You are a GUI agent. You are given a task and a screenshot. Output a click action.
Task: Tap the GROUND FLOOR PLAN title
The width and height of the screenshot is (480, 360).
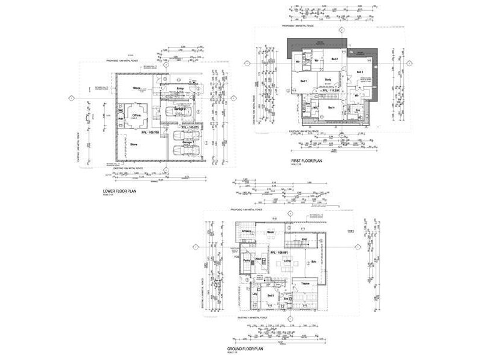(x=246, y=348)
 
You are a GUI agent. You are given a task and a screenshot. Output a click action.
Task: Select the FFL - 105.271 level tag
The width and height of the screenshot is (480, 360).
(x=189, y=128)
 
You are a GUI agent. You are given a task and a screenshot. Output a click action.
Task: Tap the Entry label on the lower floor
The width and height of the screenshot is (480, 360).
(x=179, y=88)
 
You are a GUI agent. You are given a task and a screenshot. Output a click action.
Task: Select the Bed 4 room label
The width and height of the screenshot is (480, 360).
(x=331, y=107)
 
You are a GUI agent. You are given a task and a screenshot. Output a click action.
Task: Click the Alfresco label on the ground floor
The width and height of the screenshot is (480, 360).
(x=246, y=231)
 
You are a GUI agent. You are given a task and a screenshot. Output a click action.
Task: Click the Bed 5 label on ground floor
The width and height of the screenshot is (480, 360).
(x=270, y=295)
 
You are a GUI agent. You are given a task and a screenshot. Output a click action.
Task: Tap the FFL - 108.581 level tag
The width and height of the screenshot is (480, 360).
(x=281, y=253)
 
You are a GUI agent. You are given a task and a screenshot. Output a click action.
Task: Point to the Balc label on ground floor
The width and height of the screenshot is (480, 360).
(x=314, y=262)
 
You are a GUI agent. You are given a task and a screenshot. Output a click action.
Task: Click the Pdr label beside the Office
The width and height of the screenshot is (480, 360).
(x=121, y=118)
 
